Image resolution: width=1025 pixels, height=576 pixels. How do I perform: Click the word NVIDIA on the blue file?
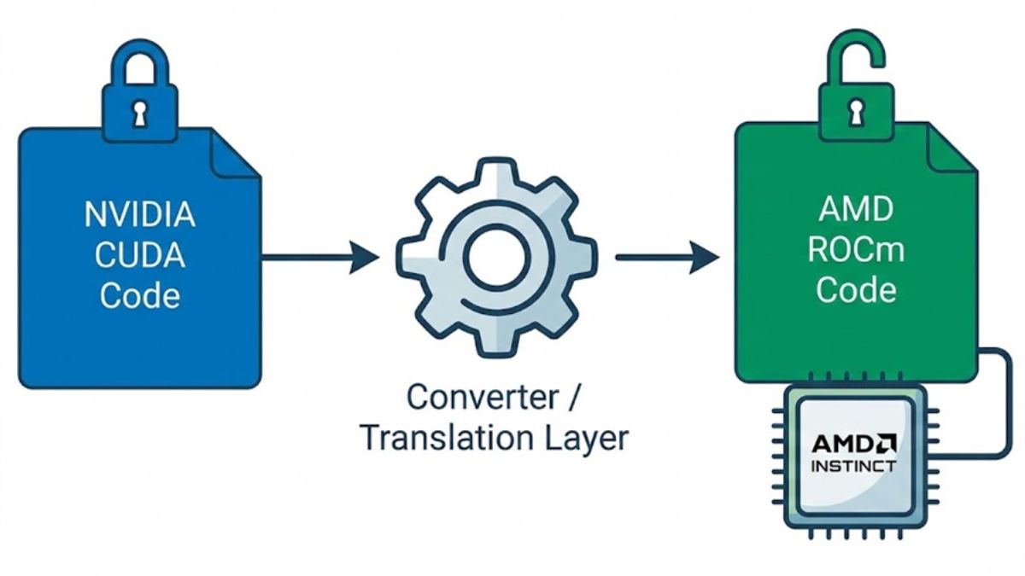[139, 215]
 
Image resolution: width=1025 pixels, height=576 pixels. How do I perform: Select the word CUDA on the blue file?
[139, 255]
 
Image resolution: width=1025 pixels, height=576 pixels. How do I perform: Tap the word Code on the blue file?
[139, 296]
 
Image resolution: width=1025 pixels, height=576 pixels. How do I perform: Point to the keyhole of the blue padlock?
[140, 113]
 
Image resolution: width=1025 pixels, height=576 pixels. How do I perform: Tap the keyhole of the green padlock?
[856, 110]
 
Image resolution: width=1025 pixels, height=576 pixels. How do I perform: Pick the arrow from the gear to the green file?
[667, 256]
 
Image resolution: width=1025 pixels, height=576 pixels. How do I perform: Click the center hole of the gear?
[496, 256]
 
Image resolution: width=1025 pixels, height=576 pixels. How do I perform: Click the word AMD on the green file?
[856, 208]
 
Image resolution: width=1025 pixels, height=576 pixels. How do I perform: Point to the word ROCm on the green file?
[856, 249]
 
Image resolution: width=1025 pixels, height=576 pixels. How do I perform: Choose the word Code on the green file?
[856, 290]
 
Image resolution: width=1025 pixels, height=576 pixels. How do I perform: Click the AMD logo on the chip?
[853, 443]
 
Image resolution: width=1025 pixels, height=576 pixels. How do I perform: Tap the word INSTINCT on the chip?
[853, 466]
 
